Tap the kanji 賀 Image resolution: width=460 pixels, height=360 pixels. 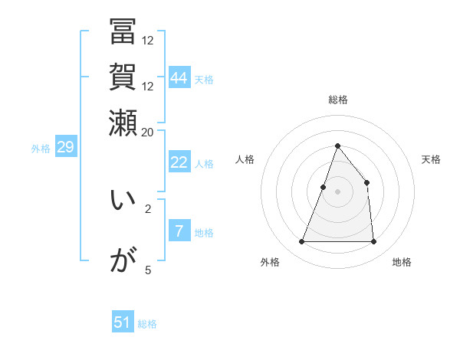point(123,77)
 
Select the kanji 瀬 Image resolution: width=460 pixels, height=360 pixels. point(123,121)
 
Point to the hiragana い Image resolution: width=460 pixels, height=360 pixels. point(123,201)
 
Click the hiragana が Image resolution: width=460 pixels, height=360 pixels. point(123,260)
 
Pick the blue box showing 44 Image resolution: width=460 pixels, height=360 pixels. point(179,77)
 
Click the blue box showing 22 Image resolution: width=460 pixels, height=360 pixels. point(179,162)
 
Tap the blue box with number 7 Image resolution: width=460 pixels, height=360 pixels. point(179,231)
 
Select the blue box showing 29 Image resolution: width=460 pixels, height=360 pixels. point(65,148)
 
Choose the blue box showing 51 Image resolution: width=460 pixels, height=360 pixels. point(123,322)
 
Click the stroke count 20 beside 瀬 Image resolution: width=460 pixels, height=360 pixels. point(148,132)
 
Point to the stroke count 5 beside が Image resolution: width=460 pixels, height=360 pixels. point(148,270)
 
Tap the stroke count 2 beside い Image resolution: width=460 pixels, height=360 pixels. point(148,208)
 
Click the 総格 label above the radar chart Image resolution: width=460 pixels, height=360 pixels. point(337,100)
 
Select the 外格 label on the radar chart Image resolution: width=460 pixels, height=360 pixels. point(270,263)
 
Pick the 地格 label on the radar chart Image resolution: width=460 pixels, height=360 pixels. point(402,263)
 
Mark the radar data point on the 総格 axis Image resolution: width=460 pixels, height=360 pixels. point(337,146)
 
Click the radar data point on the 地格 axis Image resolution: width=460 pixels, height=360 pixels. point(373,242)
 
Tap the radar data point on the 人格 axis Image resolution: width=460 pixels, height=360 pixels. point(324,187)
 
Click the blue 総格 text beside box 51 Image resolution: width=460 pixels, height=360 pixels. point(147,324)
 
